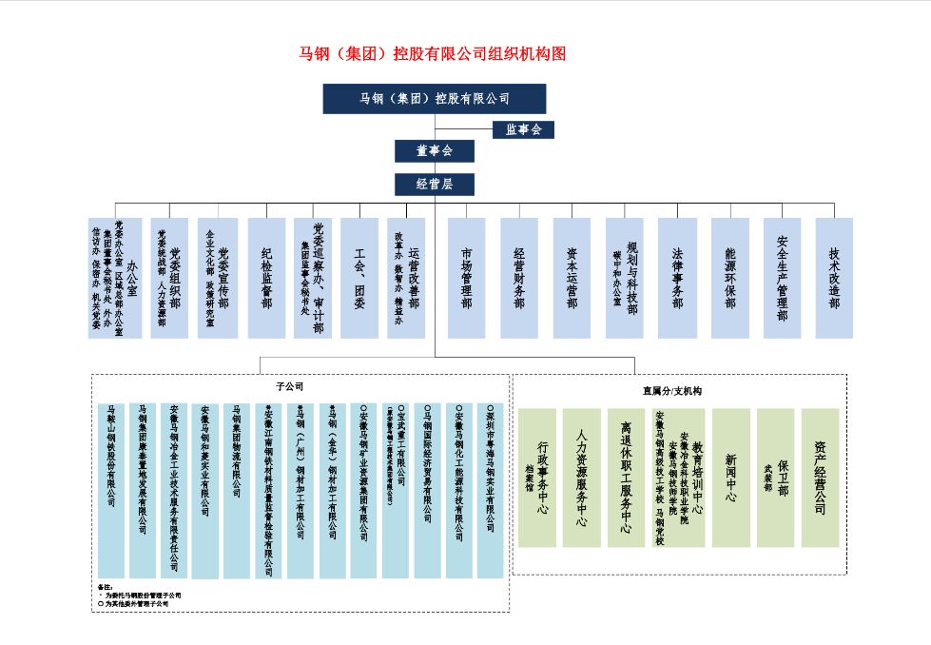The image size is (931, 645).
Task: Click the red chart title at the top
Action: click(x=433, y=54)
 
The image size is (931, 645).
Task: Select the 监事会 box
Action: click(x=523, y=129)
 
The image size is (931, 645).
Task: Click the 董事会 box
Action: click(x=435, y=151)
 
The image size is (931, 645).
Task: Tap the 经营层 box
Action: click(x=435, y=185)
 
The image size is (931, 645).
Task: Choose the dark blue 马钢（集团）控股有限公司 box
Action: click(x=435, y=99)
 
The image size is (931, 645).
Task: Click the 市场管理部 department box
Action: click(x=466, y=278)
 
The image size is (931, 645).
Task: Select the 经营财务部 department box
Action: click(x=519, y=278)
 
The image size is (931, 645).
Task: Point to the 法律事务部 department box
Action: click(x=677, y=278)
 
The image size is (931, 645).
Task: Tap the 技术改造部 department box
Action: click(x=834, y=278)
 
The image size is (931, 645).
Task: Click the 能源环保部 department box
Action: click(x=729, y=278)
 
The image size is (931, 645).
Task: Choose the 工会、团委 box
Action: click(x=359, y=278)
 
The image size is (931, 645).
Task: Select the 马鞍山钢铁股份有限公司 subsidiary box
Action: click(x=111, y=491)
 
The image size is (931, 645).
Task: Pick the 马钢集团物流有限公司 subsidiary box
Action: click(x=237, y=491)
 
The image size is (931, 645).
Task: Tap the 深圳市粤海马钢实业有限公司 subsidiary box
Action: click(x=491, y=491)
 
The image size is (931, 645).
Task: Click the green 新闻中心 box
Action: click(x=731, y=478)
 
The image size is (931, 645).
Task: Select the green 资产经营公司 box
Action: click(x=821, y=478)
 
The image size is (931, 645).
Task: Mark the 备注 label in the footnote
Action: click(x=106, y=587)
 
